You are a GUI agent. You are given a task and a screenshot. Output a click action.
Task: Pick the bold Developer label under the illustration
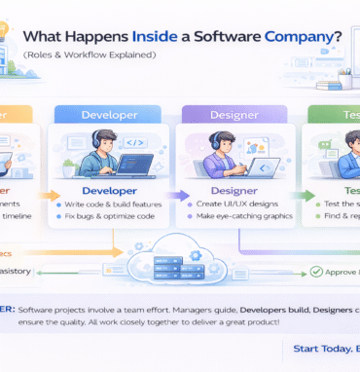click(110, 191)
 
